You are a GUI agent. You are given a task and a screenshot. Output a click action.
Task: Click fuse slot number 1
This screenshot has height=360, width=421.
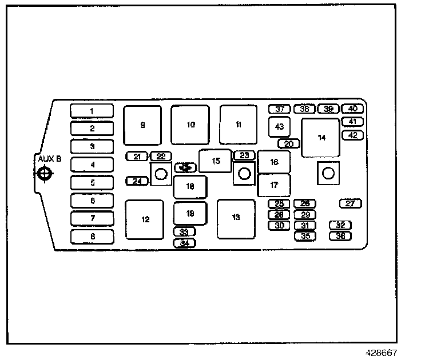[x=92, y=111]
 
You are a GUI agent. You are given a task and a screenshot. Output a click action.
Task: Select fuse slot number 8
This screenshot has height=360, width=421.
[x=92, y=236]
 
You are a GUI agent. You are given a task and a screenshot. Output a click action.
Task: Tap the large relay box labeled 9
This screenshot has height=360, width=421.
[x=142, y=125]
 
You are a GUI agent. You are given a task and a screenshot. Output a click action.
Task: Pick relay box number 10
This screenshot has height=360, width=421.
[x=190, y=125]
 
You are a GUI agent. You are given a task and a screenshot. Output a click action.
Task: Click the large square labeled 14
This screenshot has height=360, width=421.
[x=321, y=138]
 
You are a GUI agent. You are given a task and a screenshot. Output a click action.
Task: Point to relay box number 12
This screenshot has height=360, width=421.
[x=145, y=219]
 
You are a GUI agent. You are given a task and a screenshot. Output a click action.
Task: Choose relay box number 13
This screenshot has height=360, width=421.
[x=236, y=218]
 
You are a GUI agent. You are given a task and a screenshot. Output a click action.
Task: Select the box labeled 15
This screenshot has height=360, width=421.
[x=215, y=161]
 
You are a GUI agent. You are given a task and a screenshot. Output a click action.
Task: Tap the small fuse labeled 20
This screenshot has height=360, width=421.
[x=289, y=143]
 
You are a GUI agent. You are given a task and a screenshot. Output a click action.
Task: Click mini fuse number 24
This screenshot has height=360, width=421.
[x=137, y=181]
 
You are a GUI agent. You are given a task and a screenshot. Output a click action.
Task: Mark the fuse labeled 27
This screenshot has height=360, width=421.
[x=351, y=203]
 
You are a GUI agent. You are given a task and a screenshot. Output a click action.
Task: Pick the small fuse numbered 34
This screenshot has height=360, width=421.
[x=184, y=243]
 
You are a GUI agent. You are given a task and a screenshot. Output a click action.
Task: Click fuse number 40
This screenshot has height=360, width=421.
[x=352, y=109]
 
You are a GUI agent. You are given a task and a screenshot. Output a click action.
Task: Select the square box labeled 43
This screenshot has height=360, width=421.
[x=279, y=126]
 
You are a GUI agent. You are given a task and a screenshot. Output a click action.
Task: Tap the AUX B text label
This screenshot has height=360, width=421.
[x=49, y=158]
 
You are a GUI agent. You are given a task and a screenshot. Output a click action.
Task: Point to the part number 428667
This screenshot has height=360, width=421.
[x=382, y=353]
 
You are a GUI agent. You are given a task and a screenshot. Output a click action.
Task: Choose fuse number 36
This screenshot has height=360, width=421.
[x=340, y=235]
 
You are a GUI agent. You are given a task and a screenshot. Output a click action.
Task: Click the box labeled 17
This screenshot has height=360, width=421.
[x=274, y=185]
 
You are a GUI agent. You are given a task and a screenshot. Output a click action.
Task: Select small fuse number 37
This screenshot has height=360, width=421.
[x=280, y=109]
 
